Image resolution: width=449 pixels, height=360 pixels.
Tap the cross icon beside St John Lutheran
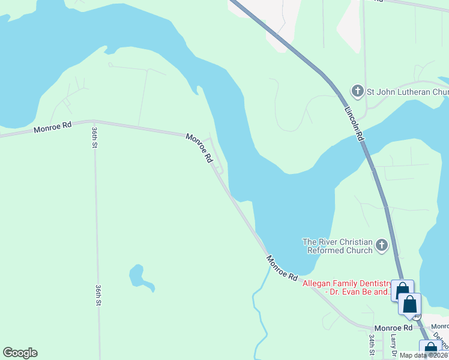[357, 91]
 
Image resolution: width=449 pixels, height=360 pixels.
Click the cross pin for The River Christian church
[382, 245]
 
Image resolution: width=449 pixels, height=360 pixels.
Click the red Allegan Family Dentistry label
[345, 287]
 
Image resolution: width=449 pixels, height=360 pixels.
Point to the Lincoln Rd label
[354, 124]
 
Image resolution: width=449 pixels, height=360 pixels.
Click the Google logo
[20, 353]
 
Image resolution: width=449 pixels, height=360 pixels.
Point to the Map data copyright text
[423, 355]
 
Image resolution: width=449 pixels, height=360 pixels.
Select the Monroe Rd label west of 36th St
[52, 127]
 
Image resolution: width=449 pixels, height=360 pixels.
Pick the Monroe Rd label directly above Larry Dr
[393, 328]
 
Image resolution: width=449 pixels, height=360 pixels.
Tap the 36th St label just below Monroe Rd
[94, 139]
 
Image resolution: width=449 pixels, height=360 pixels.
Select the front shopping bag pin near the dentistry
[410, 305]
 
